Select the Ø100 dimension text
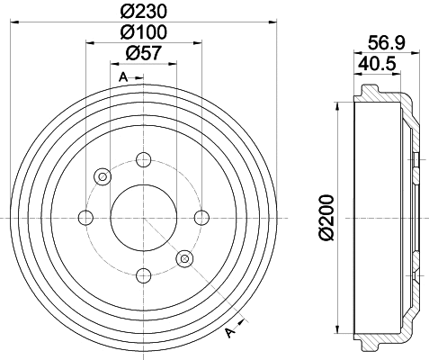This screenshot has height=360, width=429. point(142,33)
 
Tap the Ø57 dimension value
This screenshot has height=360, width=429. point(142,53)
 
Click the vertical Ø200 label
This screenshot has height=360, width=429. point(328,216)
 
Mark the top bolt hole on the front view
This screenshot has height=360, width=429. point(143,160)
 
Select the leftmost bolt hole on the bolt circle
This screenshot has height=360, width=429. point(86,216)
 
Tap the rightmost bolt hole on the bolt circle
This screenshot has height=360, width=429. point(201,216)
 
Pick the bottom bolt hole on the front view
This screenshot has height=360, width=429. point(143,274)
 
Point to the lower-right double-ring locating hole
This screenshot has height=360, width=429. point(184,258)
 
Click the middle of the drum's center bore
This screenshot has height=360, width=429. point(143,216)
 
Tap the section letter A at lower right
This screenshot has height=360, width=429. point(231,334)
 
